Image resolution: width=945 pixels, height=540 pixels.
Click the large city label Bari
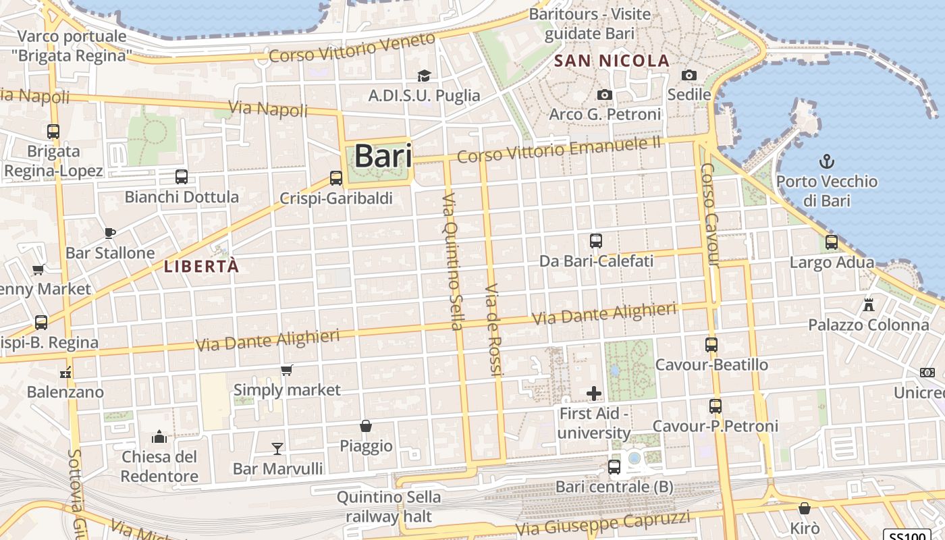(x=382, y=157)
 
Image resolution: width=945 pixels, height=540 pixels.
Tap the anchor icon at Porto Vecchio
(x=826, y=161)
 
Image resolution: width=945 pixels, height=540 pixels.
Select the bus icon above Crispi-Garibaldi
(x=335, y=178)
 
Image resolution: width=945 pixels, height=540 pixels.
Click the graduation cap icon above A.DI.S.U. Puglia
(x=424, y=76)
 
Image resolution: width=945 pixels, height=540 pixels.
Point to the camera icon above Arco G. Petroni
(x=605, y=94)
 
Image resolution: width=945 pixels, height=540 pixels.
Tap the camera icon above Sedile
(x=688, y=75)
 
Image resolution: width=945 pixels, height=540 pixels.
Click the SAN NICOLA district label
(x=612, y=61)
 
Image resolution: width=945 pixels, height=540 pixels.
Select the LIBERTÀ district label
(x=201, y=267)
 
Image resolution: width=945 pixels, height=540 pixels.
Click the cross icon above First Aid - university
(x=594, y=393)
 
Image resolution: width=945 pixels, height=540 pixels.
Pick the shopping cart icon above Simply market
(x=287, y=370)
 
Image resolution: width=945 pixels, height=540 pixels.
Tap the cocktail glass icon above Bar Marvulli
(x=277, y=448)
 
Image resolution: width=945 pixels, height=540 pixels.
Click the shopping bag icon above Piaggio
(x=365, y=426)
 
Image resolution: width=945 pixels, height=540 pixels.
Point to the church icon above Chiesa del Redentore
(x=159, y=437)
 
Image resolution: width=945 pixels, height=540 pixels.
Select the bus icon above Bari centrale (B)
(x=614, y=466)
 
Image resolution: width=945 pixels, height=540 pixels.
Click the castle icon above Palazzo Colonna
(x=869, y=304)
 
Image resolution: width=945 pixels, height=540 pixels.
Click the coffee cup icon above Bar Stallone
(x=110, y=233)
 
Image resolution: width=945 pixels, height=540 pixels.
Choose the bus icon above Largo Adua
(x=832, y=242)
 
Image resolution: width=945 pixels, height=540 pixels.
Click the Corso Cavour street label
(x=711, y=214)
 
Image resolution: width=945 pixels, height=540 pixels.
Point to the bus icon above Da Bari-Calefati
(x=595, y=241)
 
